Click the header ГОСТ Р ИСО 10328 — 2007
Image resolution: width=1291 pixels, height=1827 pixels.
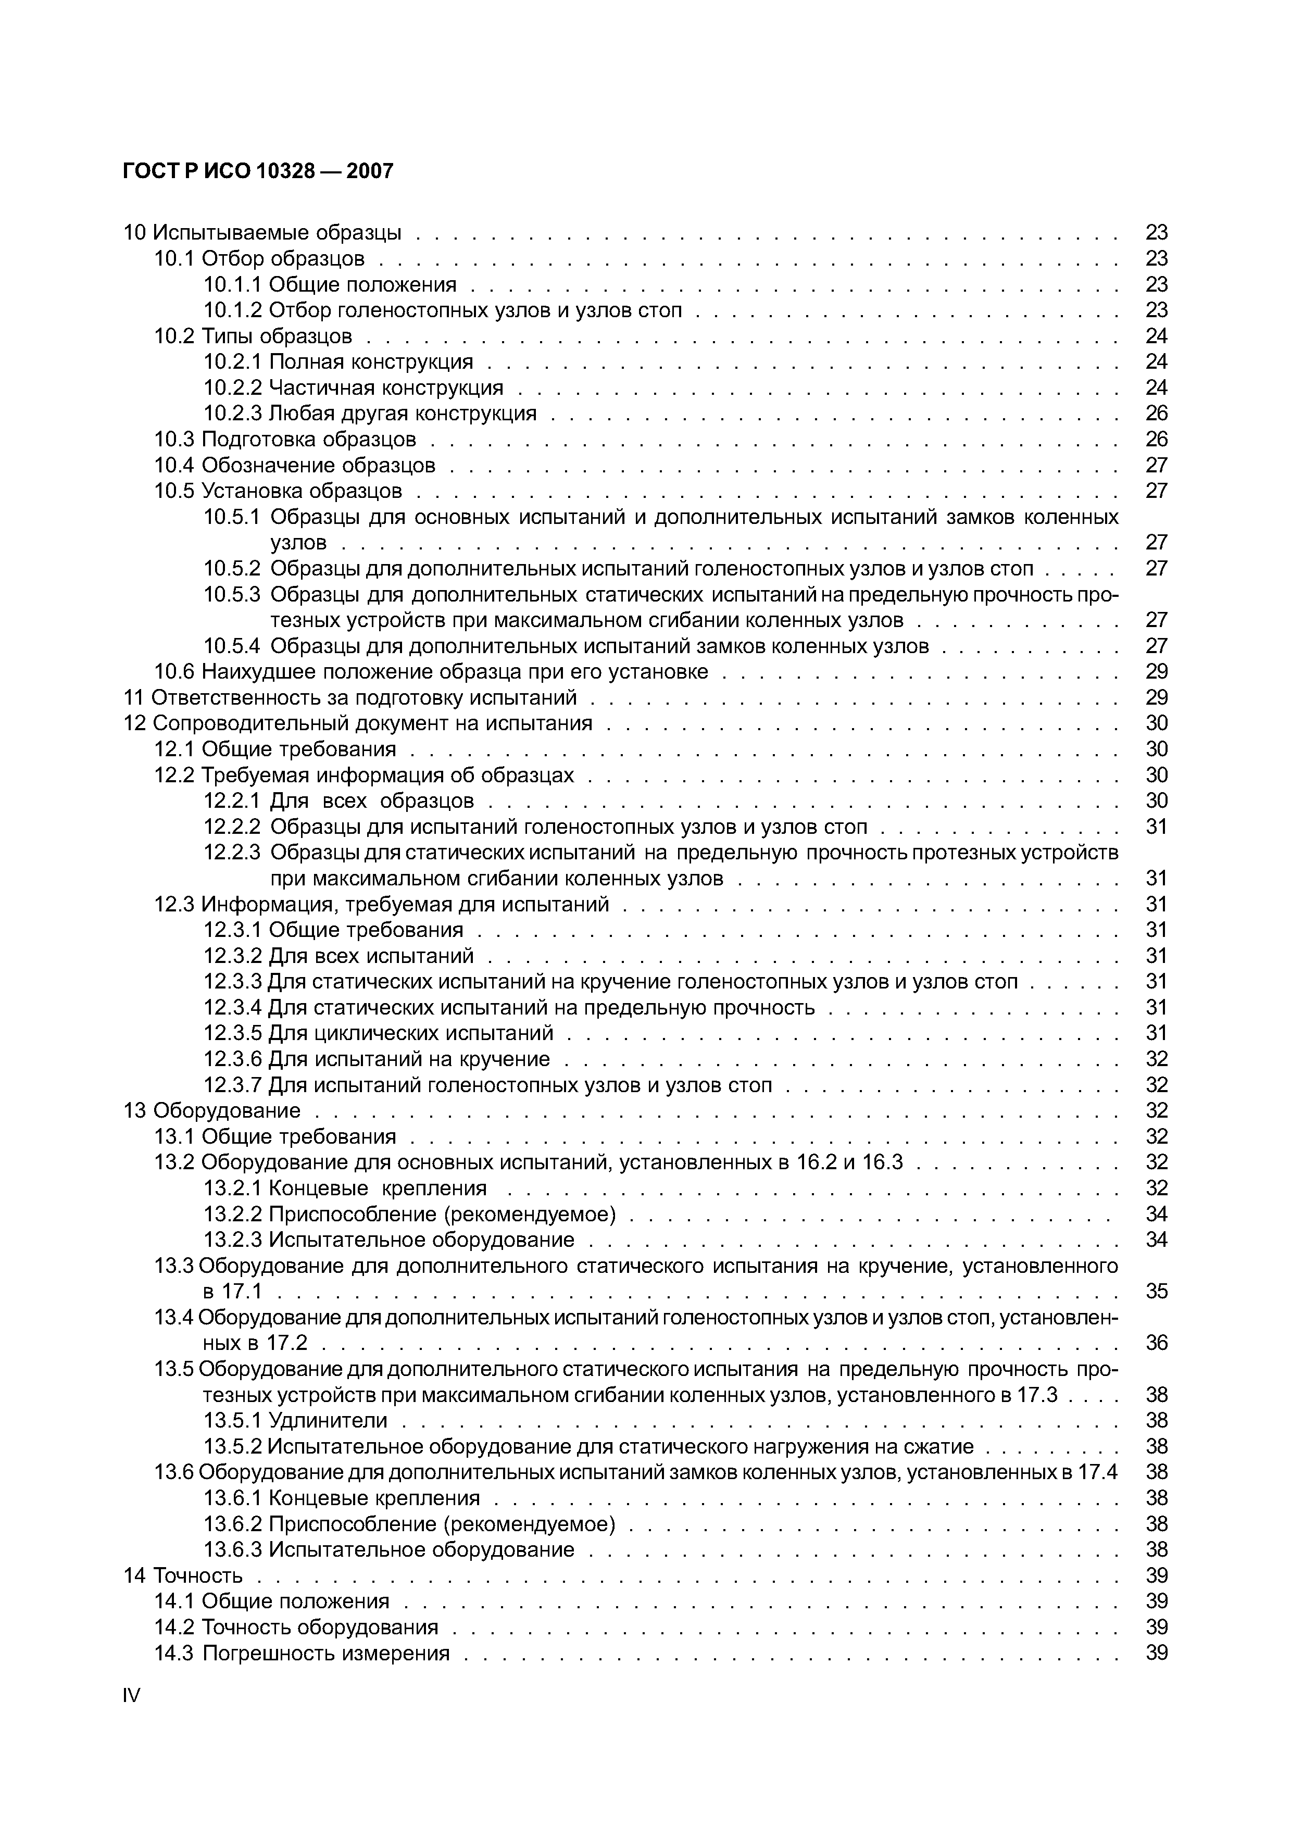point(258,171)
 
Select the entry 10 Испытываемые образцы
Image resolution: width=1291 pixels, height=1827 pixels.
point(262,232)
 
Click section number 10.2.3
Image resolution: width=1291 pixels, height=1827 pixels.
point(232,413)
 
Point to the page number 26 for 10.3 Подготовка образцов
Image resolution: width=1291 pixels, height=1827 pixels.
point(1156,439)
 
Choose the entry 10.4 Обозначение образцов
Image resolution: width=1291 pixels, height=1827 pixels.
point(294,465)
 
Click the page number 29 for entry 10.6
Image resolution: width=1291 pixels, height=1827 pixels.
point(1156,672)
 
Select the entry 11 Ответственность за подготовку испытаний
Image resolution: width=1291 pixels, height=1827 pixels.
point(350,698)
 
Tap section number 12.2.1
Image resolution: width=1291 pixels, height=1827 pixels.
point(232,800)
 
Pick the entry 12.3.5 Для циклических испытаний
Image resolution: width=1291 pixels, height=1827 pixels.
point(379,1033)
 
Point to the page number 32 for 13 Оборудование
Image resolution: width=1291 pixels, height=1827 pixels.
point(1156,1110)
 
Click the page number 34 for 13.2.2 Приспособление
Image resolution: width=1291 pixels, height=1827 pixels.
point(1156,1213)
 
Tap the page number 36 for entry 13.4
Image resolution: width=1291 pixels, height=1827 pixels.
point(1156,1343)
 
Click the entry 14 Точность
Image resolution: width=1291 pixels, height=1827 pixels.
point(183,1575)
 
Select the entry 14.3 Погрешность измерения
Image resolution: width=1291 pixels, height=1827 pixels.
point(302,1653)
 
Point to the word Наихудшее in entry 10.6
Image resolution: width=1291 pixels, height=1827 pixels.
point(250,672)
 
